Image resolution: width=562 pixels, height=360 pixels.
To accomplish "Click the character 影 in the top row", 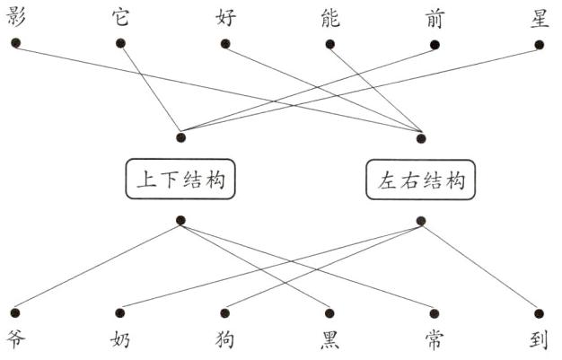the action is (15, 16).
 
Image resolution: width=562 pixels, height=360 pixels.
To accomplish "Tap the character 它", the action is (120, 16).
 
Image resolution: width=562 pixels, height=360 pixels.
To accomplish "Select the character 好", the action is (225, 16).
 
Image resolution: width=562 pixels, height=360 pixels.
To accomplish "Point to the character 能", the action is (330, 16).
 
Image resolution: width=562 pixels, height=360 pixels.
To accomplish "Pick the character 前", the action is (435, 16).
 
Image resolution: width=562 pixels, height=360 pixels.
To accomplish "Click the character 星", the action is (540, 16).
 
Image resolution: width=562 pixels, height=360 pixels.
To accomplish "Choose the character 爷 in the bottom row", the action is (15, 340).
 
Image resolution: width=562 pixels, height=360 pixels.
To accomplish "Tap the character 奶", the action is (120, 340).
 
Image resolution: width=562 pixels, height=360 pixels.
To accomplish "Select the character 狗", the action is (225, 340).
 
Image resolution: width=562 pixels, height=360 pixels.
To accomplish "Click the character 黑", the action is (330, 340).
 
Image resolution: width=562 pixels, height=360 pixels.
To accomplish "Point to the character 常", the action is (435, 340).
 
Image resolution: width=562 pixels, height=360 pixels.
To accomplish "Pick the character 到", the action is (540, 340).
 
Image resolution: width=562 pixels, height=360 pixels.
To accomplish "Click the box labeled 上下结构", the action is (180, 180).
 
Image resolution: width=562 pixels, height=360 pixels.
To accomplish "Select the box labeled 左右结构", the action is (421, 180).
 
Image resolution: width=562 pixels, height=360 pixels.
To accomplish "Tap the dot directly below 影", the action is (15, 43).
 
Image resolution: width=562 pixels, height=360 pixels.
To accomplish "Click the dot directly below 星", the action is (540, 43).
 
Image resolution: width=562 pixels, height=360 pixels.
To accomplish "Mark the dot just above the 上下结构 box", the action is (180, 137).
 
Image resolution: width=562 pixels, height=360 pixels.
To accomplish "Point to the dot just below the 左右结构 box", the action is (421, 220).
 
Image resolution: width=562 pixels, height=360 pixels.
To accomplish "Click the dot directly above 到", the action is (540, 313).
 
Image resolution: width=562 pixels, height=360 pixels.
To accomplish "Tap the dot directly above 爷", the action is (15, 313).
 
